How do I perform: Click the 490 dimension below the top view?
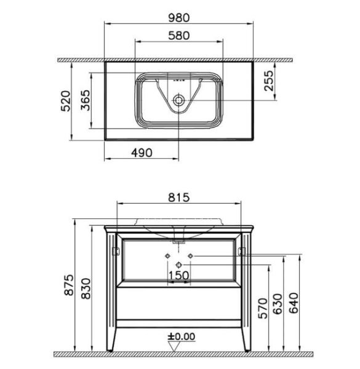142,152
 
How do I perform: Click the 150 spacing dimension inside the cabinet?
178,275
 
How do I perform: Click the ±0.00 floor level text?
180,336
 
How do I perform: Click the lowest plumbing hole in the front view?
179,264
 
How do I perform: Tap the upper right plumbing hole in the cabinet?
190,255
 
